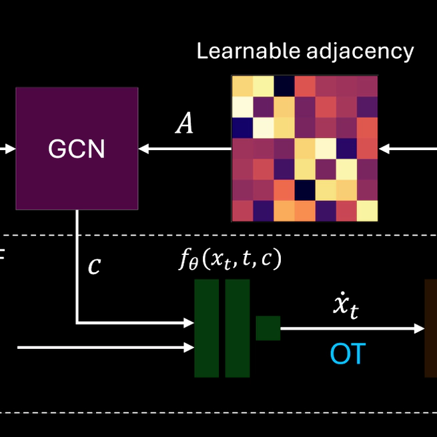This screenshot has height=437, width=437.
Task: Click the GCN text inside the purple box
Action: click(x=76, y=149)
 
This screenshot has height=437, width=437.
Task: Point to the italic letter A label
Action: click(x=184, y=124)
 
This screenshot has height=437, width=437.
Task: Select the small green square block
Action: click(x=268, y=328)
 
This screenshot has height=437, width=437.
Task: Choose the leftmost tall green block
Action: click(x=206, y=328)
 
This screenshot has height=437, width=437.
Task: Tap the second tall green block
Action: click(x=238, y=328)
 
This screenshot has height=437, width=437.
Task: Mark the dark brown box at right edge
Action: click(x=431, y=328)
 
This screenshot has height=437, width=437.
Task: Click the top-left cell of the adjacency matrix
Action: click(x=242, y=86)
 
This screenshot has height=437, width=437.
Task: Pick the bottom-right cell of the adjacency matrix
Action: click(x=367, y=210)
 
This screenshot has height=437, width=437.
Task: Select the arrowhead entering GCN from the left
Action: click(x=9, y=149)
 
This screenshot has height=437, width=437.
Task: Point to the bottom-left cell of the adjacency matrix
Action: click(x=242, y=210)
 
